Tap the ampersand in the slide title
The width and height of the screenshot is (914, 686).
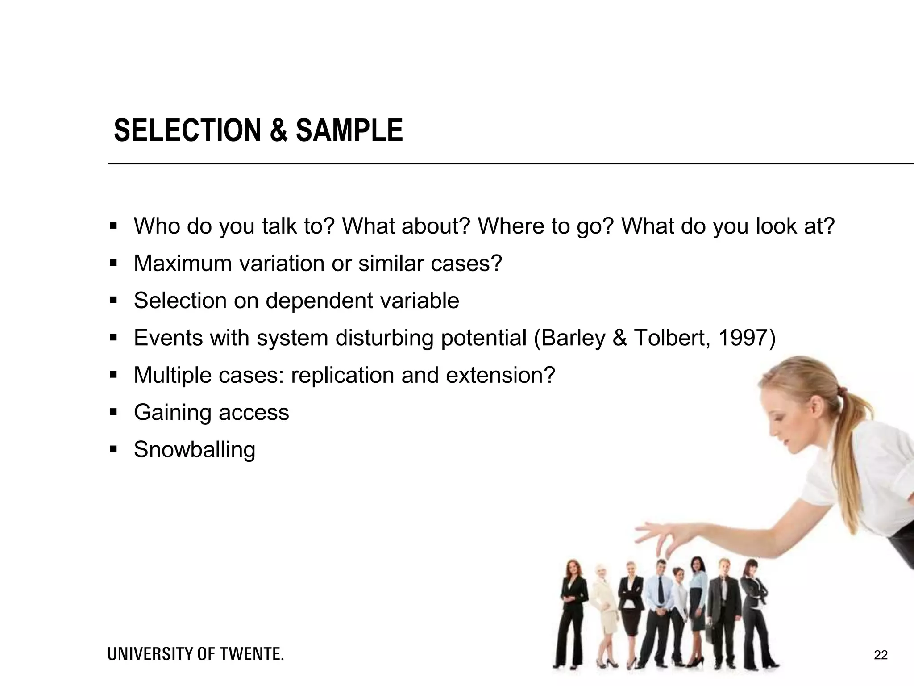278,130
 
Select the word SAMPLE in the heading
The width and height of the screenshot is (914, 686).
349,130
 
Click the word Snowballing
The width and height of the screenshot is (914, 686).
195,449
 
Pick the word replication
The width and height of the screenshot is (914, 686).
342,375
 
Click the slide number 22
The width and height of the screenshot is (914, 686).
881,655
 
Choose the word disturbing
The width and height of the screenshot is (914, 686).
384,338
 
